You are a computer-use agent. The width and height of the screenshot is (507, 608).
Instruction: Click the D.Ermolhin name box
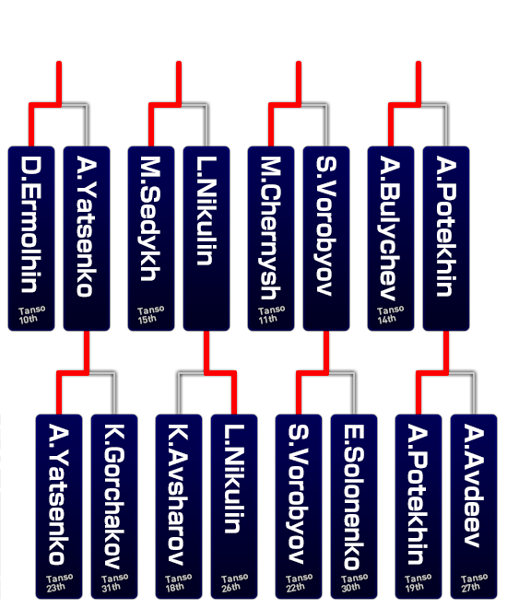[31, 239]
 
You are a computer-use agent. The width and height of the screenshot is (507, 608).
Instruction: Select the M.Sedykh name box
[151, 239]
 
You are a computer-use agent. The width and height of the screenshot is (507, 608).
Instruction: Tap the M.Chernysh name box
[271, 239]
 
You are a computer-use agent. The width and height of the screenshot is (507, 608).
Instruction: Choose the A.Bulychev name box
[391, 239]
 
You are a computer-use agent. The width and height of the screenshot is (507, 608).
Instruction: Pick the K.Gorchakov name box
[114, 507]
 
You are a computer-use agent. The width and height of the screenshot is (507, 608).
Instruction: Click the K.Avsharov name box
[179, 507]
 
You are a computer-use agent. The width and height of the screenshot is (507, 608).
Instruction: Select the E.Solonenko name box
[354, 507]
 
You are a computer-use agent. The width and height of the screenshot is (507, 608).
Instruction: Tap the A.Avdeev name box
[474, 507]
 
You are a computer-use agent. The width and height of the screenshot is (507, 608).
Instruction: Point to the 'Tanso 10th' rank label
[32, 314]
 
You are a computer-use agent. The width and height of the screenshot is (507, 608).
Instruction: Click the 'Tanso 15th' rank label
[151, 314]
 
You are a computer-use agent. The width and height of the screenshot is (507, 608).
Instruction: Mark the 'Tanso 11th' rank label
[272, 314]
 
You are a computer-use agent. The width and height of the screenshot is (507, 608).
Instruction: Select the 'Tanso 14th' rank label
[391, 314]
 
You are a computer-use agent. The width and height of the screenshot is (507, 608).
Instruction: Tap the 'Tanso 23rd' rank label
[59, 583]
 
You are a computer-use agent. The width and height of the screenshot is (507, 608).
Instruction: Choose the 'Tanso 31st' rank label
[114, 583]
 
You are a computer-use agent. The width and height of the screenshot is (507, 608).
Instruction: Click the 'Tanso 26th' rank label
[234, 583]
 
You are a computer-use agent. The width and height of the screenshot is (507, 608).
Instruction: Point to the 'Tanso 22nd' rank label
[299, 583]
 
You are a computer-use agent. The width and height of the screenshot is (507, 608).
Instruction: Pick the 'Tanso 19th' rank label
[418, 583]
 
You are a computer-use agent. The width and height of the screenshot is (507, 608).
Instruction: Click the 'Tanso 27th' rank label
[474, 583]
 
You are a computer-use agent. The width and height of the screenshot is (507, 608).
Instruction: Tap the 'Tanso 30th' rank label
[354, 583]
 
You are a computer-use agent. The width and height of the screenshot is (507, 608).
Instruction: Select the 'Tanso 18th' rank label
[179, 583]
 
